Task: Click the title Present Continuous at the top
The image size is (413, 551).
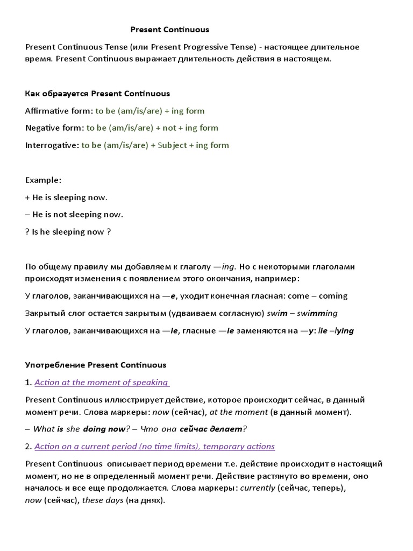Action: [x=170, y=30]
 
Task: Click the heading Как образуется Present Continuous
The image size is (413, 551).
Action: [x=97, y=94]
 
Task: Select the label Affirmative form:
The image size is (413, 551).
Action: [x=59, y=111]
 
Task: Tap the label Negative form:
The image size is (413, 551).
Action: [x=55, y=128]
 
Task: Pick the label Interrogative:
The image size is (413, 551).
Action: [x=52, y=145]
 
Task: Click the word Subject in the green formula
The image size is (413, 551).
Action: [x=172, y=145]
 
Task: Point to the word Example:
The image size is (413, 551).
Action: [x=44, y=180]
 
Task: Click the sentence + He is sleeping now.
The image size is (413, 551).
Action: [x=67, y=197]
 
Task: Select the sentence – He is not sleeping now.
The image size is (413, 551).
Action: [x=74, y=214]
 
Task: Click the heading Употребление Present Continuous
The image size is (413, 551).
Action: [x=96, y=365]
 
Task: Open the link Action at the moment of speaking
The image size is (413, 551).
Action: [x=101, y=382]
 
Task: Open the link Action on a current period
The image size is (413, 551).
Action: [x=154, y=446]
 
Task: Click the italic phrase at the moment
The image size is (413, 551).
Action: [x=238, y=412]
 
